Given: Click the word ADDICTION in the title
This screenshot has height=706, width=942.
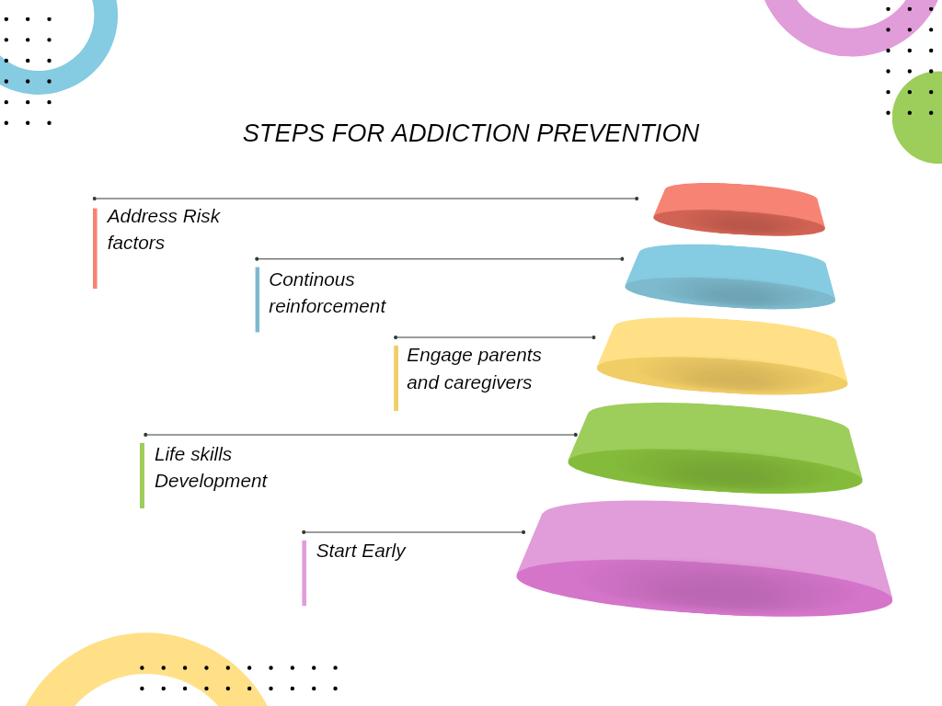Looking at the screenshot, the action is (x=460, y=133).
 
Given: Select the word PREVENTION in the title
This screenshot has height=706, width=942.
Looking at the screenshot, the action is (x=617, y=133).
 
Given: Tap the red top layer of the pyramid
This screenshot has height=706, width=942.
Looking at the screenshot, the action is (x=739, y=209).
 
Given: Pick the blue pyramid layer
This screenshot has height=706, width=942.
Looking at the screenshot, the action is (x=729, y=277).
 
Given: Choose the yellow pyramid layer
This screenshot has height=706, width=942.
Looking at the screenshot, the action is (x=722, y=356).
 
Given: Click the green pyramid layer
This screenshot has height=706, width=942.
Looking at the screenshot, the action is (x=715, y=448).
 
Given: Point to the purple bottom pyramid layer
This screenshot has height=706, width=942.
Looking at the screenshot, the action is (x=704, y=558).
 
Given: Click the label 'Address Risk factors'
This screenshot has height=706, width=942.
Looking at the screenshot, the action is (x=164, y=229).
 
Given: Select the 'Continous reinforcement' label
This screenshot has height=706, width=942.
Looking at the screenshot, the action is (x=327, y=293).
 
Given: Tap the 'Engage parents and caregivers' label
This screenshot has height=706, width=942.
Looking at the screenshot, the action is (x=474, y=369).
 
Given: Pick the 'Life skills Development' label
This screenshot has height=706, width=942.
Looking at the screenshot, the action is (x=211, y=468).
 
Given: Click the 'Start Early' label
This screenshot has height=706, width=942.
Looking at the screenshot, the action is (x=361, y=552).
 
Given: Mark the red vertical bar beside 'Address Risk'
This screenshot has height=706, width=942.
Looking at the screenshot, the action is (x=95, y=248).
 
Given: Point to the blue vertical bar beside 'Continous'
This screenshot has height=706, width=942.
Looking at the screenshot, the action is (x=258, y=300).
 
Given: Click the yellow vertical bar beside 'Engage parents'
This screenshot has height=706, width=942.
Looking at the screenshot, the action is (x=396, y=378).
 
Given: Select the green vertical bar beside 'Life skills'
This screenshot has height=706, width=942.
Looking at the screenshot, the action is (x=142, y=475).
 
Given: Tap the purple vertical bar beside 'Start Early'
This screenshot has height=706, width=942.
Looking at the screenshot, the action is (x=304, y=574).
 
